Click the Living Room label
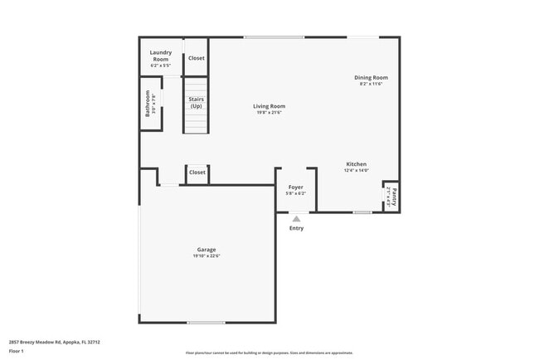(x=269, y=106)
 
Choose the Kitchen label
(x=356, y=164)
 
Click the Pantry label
(x=395, y=197)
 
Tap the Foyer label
(x=296, y=187)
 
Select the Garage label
(x=206, y=250)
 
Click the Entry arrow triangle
(x=296, y=219)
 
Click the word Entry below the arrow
(x=296, y=229)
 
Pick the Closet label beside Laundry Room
(x=197, y=58)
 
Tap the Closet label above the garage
(x=197, y=173)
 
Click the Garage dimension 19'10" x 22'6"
(x=206, y=256)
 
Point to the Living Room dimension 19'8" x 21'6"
(x=269, y=113)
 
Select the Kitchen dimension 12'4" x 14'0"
(x=356, y=171)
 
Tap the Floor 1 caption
(x=17, y=351)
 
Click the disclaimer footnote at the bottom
(x=269, y=353)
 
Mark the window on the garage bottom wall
(x=206, y=322)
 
